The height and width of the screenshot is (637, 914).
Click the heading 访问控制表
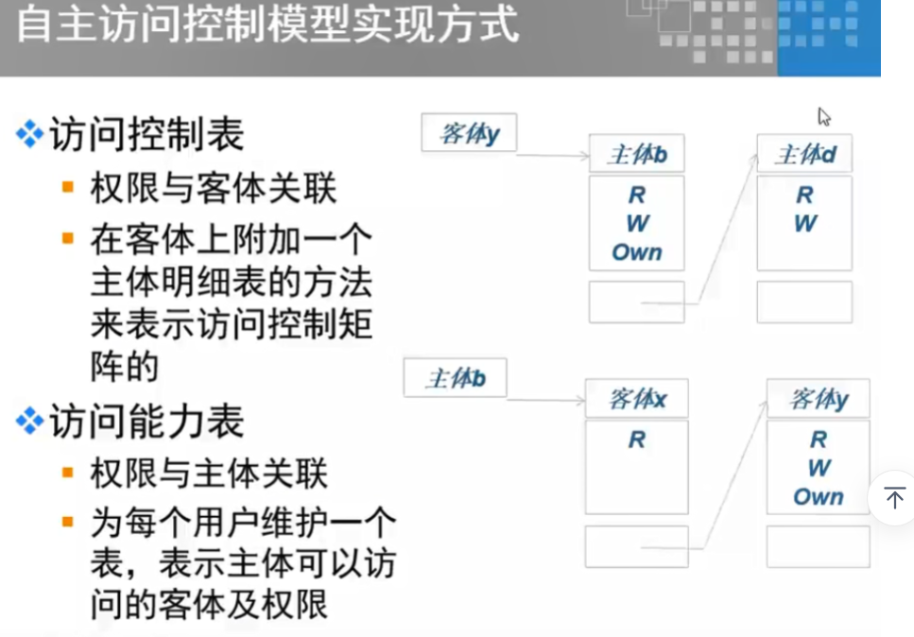pos(147,135)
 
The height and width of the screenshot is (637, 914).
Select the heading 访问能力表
pos(147,422)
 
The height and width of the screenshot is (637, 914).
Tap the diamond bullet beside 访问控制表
pos(30,135)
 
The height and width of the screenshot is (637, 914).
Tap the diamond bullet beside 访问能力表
pos(30,422)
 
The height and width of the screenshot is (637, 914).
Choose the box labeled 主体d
pos(804,154)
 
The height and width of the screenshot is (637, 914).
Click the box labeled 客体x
pos(636,399)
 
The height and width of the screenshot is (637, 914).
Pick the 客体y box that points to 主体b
pos(469,133)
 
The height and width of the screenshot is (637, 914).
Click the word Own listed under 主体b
pos(636,252)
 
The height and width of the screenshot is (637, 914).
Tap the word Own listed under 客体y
pos(818,497)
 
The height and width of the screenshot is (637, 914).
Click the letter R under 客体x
pos(636,440)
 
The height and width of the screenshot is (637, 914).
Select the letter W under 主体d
pos(804,224)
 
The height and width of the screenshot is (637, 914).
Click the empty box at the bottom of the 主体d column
pos(804,301)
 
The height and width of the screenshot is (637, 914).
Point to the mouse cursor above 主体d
pos(823,116)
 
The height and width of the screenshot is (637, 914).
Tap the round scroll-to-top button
pos(893,497)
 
